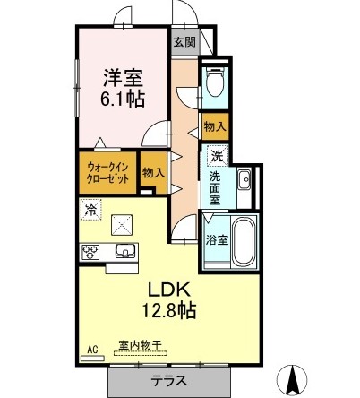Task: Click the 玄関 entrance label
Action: [x=184, y=41]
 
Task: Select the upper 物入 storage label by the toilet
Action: [x=215, y=128]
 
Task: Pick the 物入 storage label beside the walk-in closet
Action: [x=153, y=172]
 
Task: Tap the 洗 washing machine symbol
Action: [x=216, y=157]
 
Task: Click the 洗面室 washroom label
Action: [x=215, y=185]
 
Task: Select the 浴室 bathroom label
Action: [x=215, y=239]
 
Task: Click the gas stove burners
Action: [x=92, y=251]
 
